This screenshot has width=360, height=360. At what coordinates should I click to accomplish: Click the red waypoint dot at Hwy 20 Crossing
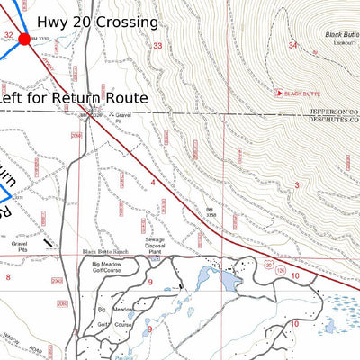(24, 38)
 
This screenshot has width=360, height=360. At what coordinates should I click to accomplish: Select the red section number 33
(157, 46)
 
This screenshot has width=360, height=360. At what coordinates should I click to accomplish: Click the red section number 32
(8, 36)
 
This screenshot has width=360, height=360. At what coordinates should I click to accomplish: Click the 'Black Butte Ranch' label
(106, 251)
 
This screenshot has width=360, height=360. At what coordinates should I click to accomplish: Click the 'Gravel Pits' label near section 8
(21, 247)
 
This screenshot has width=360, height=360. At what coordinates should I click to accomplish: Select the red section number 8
(8, 276)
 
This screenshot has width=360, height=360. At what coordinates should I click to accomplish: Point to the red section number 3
(296, 184)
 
